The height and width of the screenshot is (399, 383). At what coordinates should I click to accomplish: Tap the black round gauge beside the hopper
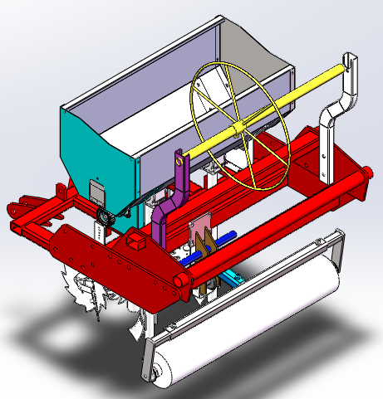pyautogui.click(x=105, y=219)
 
